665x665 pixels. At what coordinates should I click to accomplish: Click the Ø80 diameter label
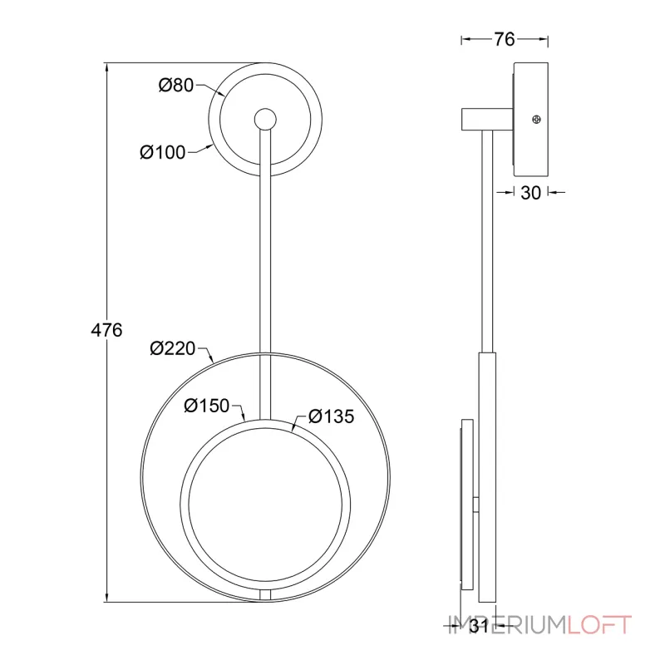pyautogui.click(x=176, y=86)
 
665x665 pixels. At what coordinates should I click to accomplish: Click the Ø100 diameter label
pyautogui.click(x=163, y=152)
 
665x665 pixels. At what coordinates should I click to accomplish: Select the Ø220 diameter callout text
pyautogui.click(x=173, y=348)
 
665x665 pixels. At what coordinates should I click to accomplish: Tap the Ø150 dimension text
pyautogui.click(x=206, y=406)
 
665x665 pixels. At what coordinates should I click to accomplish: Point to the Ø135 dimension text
pyautogui.click(x=331, y=416)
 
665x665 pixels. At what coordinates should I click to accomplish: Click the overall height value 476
pyautogui.click(x=106, y=330)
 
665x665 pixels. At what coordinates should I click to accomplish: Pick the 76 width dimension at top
pyautogui.click(x=505, y=39)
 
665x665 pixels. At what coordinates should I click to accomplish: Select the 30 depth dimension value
pyautogui.click(x=530, y=193)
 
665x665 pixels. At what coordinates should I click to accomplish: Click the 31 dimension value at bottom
pyautogui.click(x=480, y=626)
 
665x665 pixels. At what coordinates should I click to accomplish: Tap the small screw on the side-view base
pyautogui.click(x=536, y=120)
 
